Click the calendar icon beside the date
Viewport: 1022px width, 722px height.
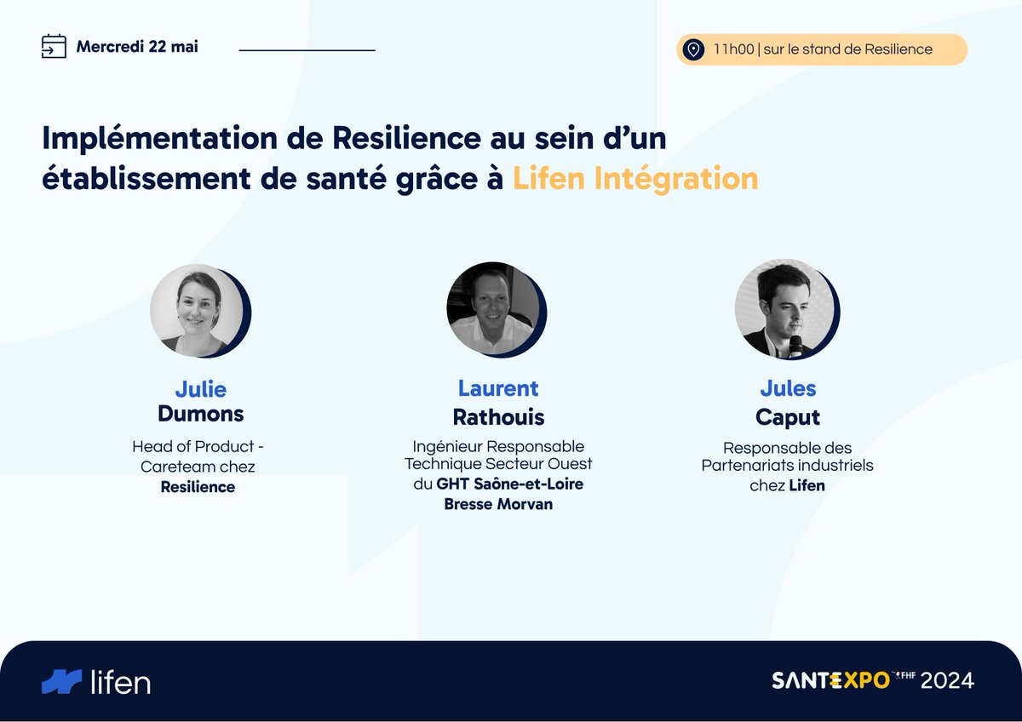pos(54,46)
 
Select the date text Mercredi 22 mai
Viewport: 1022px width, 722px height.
pos(137,47)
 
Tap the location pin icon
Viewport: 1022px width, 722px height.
pos(693,49)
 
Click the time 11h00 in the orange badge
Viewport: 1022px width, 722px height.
pos(734,49)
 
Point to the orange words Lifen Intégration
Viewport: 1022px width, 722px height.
pos(634,179)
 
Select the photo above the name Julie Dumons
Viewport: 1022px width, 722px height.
pos(196,310)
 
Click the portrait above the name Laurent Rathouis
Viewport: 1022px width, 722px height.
pos(492,308)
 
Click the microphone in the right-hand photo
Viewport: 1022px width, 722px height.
pos(795,345)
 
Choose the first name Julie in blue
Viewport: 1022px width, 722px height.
pos(201,389)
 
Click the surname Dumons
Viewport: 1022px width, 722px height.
pos(201,415)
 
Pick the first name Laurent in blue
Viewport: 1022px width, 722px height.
pos(498,388)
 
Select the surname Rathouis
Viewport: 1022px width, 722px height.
pos(498,417)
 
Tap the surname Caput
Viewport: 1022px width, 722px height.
pos(788,418)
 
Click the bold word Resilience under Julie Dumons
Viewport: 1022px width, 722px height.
pos(198,487)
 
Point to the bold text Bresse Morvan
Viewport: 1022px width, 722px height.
pos(498,504)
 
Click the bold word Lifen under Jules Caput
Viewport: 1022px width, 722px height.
pos(806,485)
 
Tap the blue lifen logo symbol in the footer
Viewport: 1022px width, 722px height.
pos(62,682)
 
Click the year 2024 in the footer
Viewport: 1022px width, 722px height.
pos(947,680)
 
